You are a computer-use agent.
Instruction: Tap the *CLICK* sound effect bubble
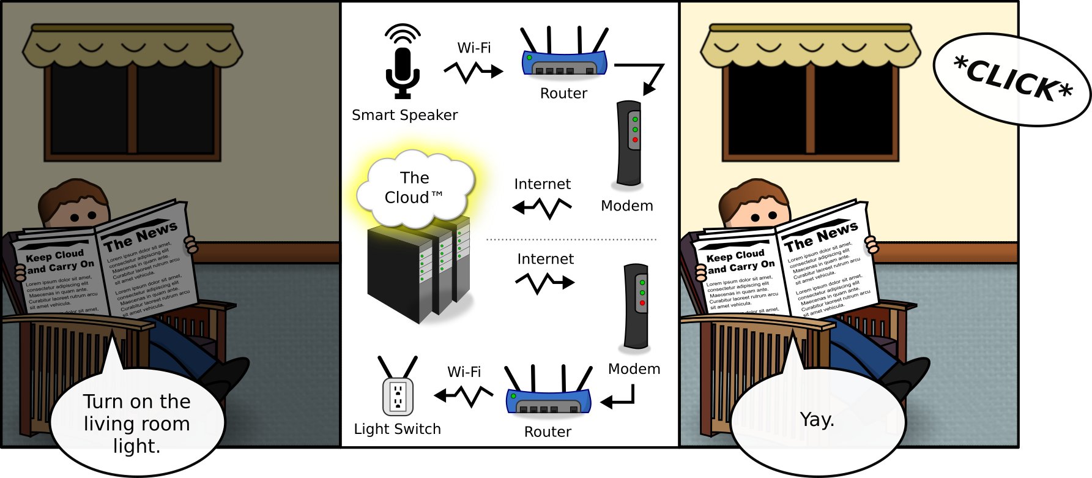pos(1012,80)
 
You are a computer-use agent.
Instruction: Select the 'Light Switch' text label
pos(397,429)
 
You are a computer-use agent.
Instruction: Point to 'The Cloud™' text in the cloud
pos(414,188)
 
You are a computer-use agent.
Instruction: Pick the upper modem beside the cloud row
pos(629,143)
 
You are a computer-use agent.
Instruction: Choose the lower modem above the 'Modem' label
pos(636,307)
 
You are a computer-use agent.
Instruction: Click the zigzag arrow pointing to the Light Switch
pos(464,395)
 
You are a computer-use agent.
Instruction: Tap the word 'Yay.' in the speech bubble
pos(817,420)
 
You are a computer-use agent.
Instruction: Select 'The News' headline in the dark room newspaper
pos(140,236)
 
